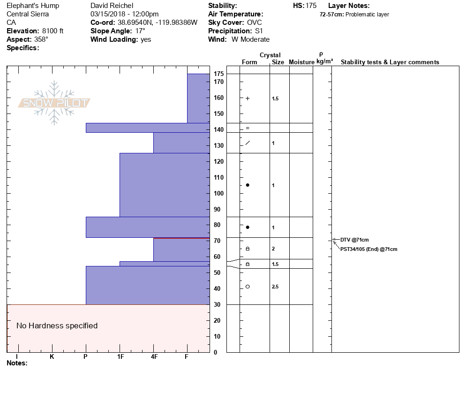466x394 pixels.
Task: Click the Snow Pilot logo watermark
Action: point(54,103)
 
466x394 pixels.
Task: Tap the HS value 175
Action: point(311,6)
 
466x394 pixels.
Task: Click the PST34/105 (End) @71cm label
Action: point(368,249)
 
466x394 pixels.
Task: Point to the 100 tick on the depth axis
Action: point(218,193)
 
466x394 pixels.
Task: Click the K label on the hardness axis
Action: point(52,356)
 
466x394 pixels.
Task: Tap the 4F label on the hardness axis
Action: point(154,356)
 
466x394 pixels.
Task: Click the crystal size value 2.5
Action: point(275,287)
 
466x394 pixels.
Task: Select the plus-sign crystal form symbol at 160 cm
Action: point(248,98)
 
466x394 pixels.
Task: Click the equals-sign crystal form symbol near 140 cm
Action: point(248,128)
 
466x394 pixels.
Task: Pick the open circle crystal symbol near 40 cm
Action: point(248,287)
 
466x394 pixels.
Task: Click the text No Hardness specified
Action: point(57,326)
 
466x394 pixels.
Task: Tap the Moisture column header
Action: point(301,62)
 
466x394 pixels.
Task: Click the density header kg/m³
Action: point(324,61)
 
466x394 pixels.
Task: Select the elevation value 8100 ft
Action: point(53,31)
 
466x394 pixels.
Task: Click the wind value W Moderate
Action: point(250,39)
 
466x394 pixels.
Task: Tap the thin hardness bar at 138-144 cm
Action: point(147,128)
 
